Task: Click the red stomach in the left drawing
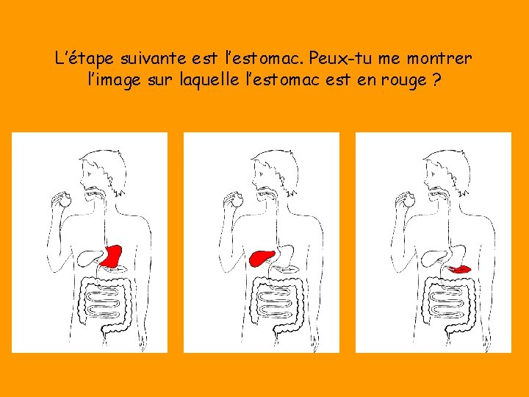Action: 112,255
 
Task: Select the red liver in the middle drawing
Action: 262,257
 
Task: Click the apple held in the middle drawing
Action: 237,198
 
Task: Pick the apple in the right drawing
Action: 409,198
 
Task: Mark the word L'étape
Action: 81,57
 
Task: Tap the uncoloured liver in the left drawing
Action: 90,257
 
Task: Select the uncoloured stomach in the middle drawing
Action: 284,255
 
